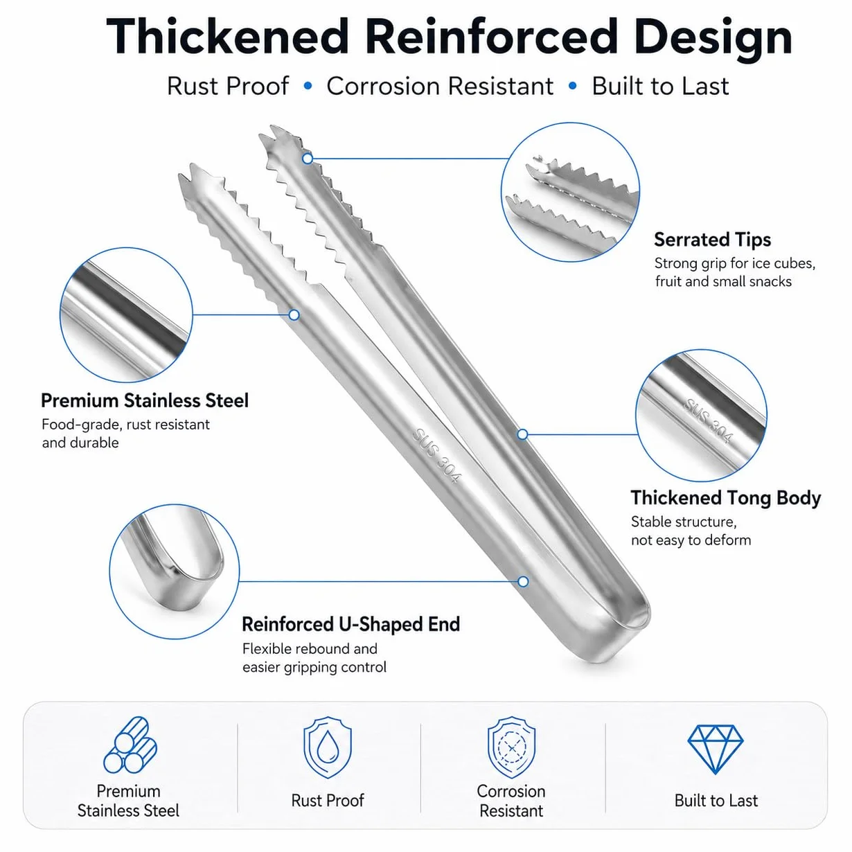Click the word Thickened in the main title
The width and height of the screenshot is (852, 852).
[227, 37]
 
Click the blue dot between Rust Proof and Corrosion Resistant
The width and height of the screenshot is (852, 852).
[308, 85]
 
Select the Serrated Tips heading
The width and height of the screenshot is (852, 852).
[712, 240]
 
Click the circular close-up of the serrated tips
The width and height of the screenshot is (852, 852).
[570, 192]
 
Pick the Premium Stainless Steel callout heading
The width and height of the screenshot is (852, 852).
[145, 400]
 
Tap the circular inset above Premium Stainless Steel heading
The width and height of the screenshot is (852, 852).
[126, 314]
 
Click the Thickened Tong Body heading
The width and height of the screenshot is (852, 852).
[725, 498]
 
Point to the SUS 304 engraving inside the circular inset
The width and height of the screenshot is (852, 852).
[709, 420]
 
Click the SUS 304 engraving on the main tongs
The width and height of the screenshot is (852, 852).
[437, 456]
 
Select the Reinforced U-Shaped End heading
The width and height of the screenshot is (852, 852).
[351, 624]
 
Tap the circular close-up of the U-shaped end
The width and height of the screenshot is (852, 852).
[174, 571]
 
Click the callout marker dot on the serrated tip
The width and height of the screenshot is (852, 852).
[308, 159]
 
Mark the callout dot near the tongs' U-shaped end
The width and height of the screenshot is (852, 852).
[523, 581]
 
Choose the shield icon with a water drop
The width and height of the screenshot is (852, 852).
[328, 747]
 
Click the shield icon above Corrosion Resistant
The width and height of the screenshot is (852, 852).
[512, 747]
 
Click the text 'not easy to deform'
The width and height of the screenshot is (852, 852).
[691, 540]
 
